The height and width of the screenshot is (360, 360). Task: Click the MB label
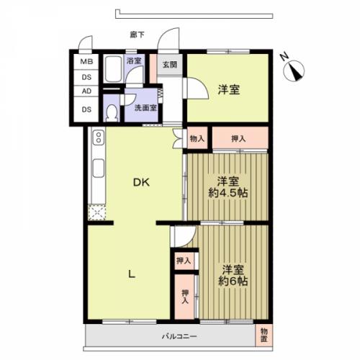tap(86, 62)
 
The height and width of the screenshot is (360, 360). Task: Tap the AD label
tap(86, 91)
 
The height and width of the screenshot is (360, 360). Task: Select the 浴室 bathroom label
tap(134, 60)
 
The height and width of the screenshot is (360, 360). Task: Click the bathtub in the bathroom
tap(113, 69)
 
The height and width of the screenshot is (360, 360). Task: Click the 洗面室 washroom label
tap(145, 108)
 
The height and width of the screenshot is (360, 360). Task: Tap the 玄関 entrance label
tap(170, 64)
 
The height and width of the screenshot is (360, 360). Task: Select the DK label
tap(141, 183)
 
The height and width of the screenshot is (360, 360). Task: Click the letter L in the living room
tap(132, 274)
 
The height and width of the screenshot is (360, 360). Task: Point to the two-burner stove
tap(99, 138)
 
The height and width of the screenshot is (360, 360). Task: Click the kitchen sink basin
tap(99, 168)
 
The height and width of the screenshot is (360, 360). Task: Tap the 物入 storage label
tap(197, 139)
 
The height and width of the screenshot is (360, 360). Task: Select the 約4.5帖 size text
tap(228, 193)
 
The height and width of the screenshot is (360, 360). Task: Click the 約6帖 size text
tap(233, 281)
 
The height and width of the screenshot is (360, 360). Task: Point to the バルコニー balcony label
tap(179, 336)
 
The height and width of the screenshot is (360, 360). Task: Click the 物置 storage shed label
tap(264, 336)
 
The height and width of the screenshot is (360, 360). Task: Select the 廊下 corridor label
tap(137, 35)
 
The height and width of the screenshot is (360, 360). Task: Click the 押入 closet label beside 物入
tap(238, 138)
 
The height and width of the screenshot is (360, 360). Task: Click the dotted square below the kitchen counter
tap(97, 212)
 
